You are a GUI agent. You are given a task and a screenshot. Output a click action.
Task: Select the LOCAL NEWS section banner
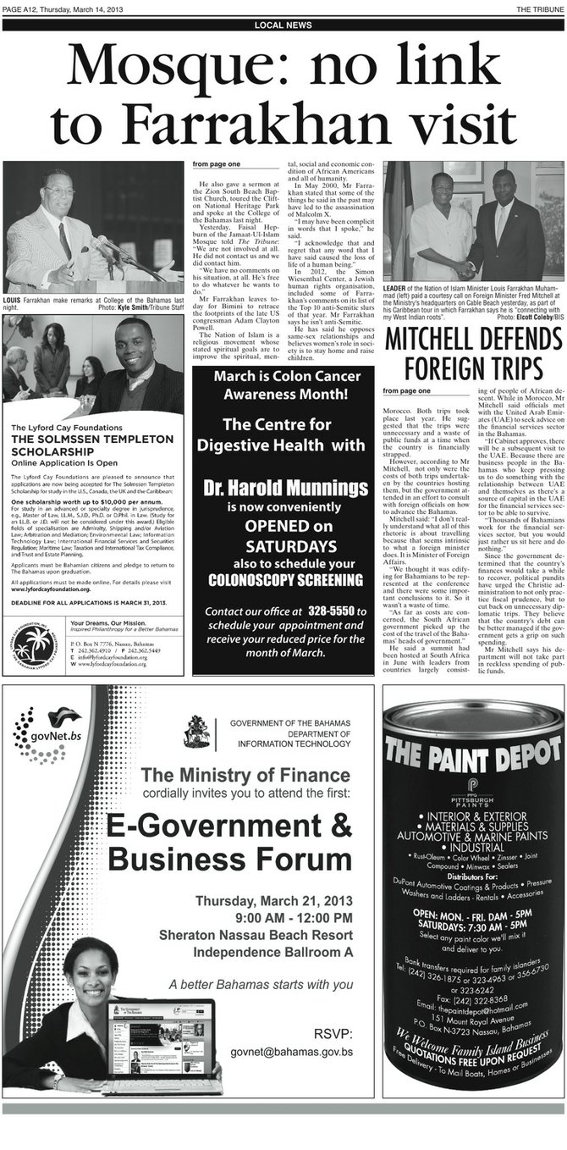click(283, 25)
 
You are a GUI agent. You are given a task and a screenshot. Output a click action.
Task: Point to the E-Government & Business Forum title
click(229, 843)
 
